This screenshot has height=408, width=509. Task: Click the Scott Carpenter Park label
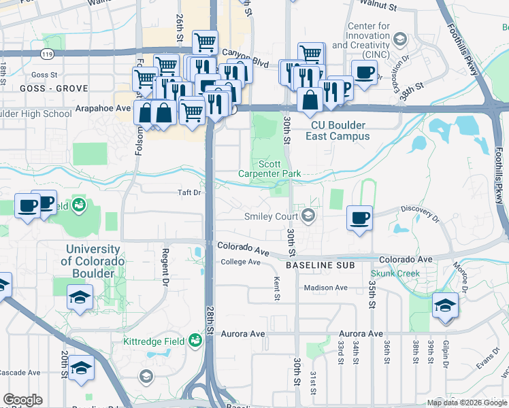(269, 169)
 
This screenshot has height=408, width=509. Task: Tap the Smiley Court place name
(272, 217)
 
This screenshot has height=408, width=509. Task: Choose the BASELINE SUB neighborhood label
(320, 264)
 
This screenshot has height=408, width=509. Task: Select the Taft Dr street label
(189, 192)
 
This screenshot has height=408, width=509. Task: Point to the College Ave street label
(240, 262)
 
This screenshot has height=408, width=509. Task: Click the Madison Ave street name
(325, 288)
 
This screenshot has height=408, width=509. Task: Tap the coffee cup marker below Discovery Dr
(359, 219)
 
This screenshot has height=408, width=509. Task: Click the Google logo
(22, 400)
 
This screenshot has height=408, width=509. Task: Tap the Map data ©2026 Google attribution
(467, 403)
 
